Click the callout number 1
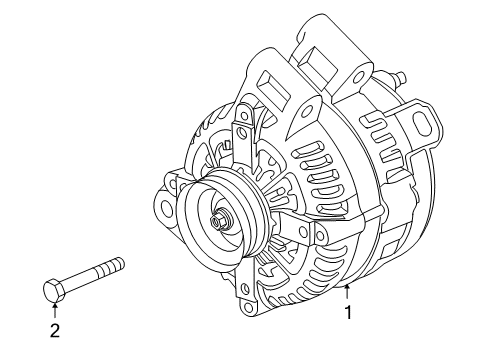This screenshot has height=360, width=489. tap(348, 339)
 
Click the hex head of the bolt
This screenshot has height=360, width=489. tap(56, 291)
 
